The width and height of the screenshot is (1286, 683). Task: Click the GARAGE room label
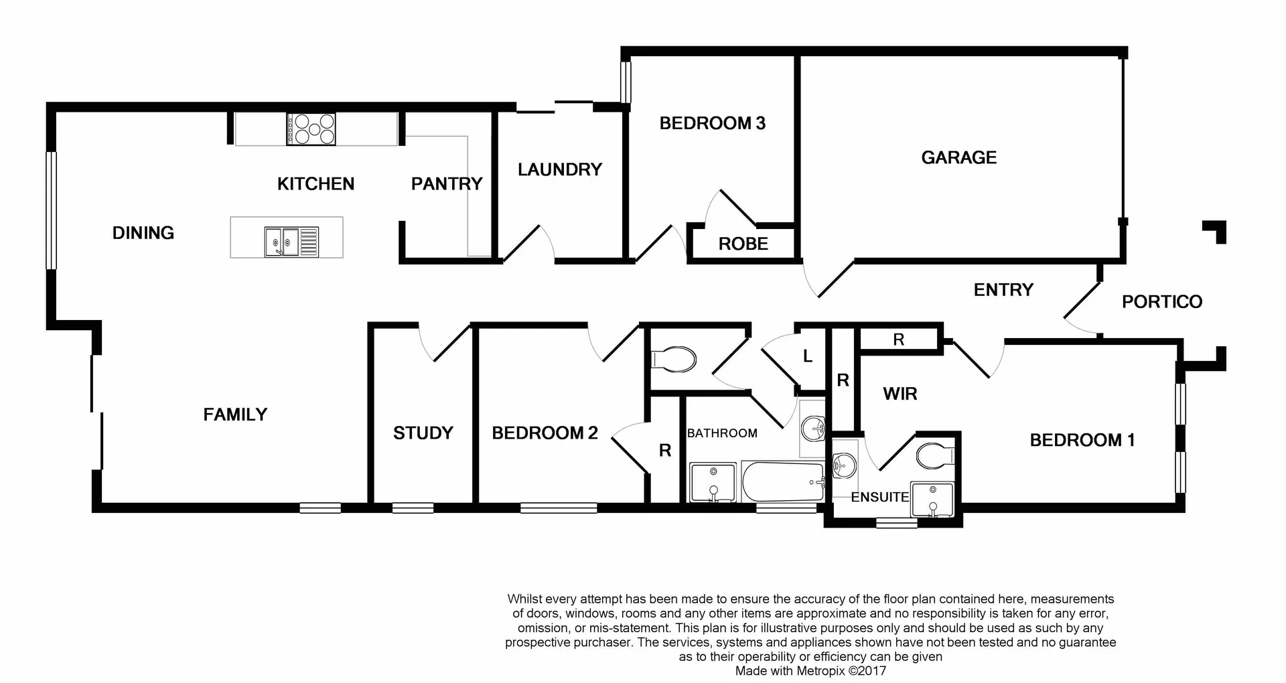(958, 157)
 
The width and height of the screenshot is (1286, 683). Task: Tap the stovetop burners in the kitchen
(311, 129)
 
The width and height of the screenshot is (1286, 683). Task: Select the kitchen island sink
(291, 241)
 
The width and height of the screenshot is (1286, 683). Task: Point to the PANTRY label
(446, 183)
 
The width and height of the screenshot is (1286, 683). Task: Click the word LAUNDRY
(560, 169)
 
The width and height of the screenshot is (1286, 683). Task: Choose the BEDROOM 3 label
(712, 123)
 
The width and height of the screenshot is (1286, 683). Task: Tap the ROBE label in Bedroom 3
(743, 244)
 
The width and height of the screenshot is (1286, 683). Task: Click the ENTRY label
(1003, 289)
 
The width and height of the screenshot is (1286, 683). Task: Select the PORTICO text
(1161, 301)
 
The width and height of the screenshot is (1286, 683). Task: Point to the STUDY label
(423, 433)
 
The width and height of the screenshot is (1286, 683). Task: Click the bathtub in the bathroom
(782, 482)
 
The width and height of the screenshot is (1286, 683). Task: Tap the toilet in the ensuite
(934, 457)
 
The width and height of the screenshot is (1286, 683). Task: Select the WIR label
(900, 394)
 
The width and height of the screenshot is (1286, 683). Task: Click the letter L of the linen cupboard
(808, 357)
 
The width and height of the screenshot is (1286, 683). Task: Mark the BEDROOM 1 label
(1082, 440)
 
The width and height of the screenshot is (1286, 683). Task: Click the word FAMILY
(235, 414)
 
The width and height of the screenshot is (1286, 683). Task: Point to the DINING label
(143, 233)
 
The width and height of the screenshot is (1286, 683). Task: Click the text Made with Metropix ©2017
(810, 670)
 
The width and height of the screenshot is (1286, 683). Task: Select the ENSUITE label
(879, 497)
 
